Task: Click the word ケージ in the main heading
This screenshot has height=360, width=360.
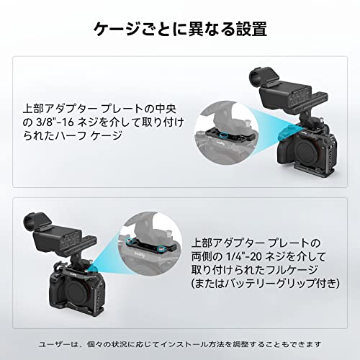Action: click(x=117, y=30)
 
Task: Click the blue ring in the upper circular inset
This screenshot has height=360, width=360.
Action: click(x=223, y=135)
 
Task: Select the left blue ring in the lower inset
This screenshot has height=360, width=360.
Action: click(x=130, y=240)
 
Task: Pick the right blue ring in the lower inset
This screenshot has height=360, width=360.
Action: click(x=162, y=248)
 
